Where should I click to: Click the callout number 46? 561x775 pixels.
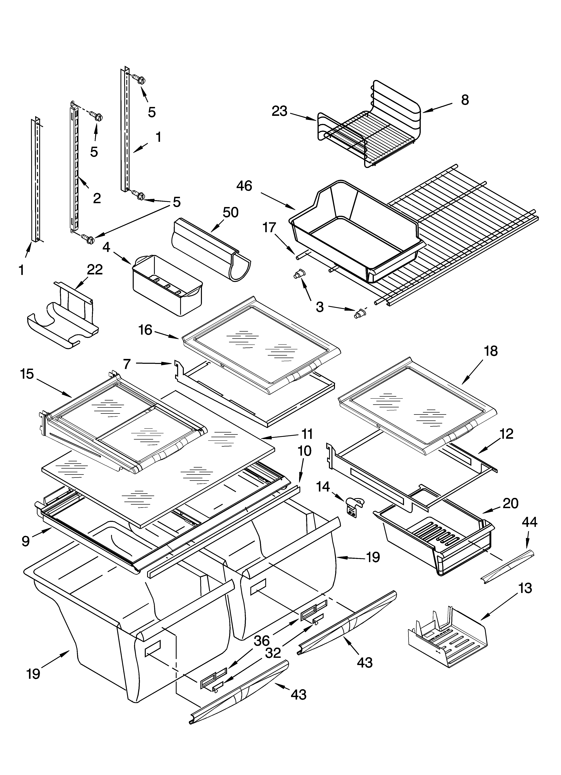(x=244, y=186)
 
